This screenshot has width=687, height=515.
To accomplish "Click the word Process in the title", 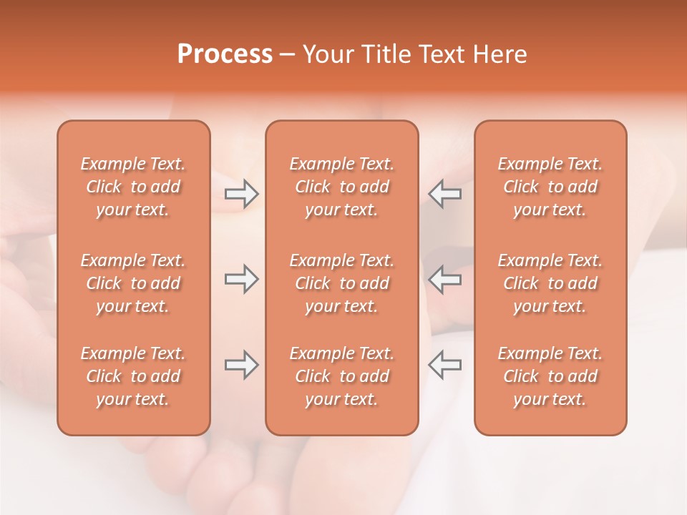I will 225,54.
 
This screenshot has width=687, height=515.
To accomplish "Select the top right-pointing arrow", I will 241,193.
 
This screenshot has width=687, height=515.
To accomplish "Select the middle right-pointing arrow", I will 241,279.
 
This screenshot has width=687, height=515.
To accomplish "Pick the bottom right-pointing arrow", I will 241,365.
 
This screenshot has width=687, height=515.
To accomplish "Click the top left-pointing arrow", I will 445,193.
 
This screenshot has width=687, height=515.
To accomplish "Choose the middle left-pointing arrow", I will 445,279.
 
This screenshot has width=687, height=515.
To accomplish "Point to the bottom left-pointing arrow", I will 445,365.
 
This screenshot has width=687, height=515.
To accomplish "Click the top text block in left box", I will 133,187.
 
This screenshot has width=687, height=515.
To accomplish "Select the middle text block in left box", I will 133,283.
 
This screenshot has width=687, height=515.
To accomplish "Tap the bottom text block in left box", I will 133,376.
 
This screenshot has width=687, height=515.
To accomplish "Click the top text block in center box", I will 341,187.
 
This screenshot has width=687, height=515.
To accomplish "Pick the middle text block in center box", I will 341,283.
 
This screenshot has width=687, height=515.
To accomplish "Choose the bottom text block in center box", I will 341,376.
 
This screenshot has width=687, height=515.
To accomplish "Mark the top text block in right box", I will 550,187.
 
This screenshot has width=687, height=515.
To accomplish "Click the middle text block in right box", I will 550,283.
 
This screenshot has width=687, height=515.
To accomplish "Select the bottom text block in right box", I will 550,376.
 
